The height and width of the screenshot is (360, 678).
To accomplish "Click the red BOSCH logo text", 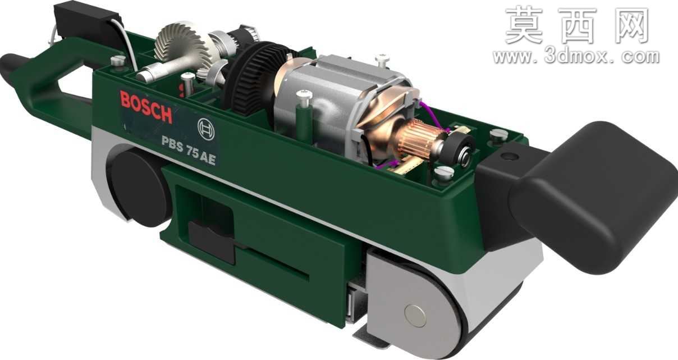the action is coord(146,107).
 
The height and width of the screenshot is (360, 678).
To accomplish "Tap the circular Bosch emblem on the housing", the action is coord(206,129).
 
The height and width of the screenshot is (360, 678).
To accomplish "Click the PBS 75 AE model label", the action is coord(189,149).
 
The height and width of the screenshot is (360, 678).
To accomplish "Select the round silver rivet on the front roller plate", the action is coord(415,316).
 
